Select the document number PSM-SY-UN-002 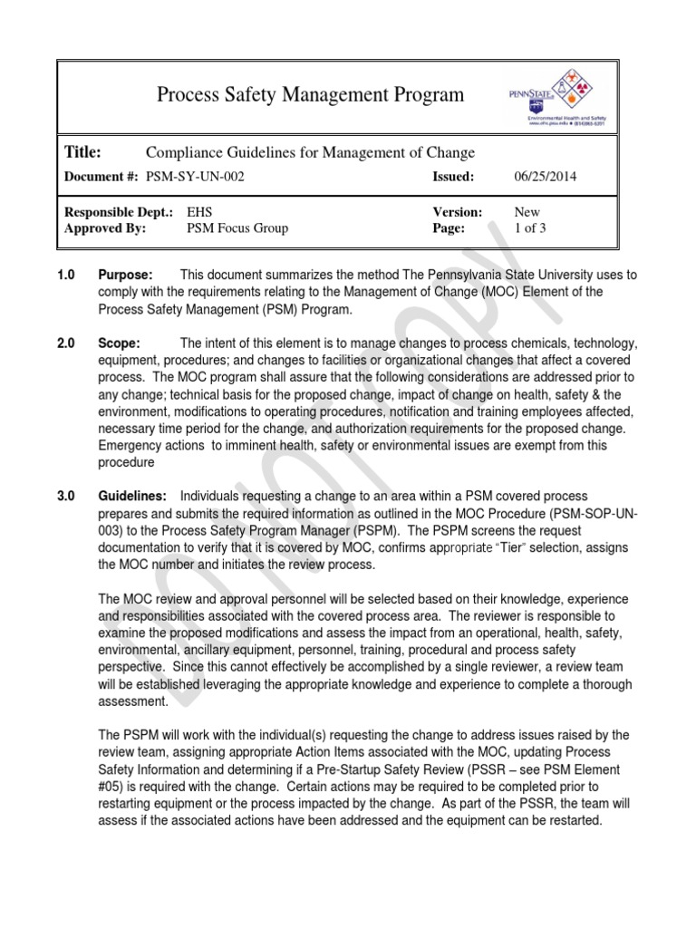point(195,177)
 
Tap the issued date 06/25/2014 point(546,177)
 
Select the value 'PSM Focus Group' point(237,228)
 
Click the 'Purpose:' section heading point(125,275)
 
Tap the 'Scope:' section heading point(119,343)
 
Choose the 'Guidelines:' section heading point(131,497)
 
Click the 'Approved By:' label point(105,228)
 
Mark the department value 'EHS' point(199,212)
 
